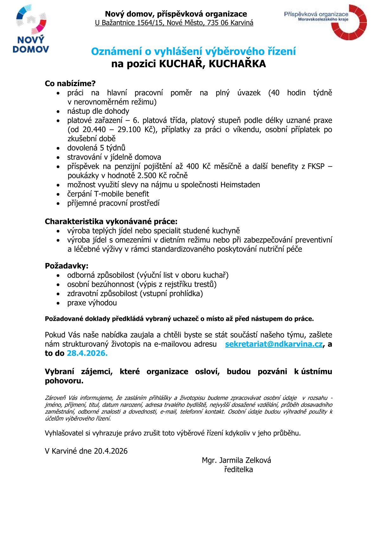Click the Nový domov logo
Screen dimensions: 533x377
[31, 29]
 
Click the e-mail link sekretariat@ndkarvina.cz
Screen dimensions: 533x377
[274, 344]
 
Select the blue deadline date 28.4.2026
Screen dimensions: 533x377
[87, 353]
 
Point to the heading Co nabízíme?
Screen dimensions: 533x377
[70, 84]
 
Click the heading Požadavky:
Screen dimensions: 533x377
[67, 266]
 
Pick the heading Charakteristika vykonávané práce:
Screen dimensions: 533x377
[111, 221]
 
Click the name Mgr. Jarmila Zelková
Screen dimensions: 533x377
[236, 460]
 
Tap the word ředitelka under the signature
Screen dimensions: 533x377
[238, 470]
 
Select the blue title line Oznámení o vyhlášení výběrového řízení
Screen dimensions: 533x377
[193, 51]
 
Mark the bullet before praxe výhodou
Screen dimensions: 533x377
[58, 303]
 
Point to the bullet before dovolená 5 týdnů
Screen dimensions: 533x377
[58, 148]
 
